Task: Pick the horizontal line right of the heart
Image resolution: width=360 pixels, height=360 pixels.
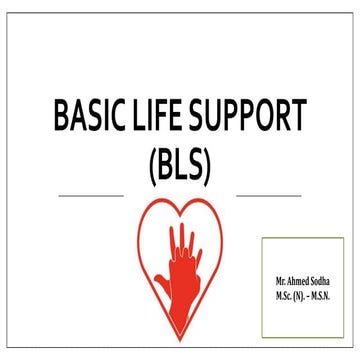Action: tap(269, 195)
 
